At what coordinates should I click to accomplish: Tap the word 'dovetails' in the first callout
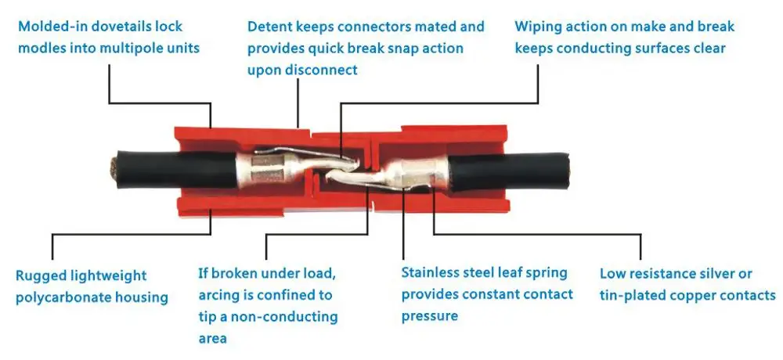point(115,27)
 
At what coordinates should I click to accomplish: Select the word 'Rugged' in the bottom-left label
point(40,275)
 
